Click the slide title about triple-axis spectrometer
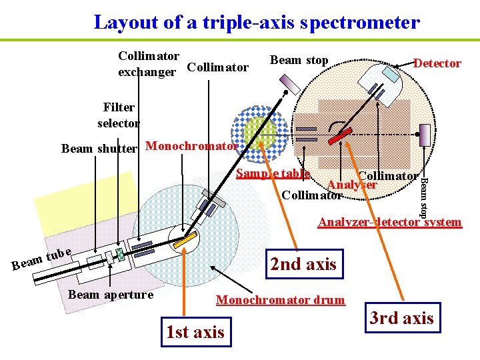coord(257,22)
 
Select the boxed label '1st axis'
coord(195,332)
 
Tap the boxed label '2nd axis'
coord(303,264)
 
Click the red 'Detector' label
coord(437,63)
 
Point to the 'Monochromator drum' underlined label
coord(281,300)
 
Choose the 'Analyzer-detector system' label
coord(389,222)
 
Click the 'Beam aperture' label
coord(111,295)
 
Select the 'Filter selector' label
coord(119,115)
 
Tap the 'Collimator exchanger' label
coord(148,63)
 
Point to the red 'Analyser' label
coord(351,185)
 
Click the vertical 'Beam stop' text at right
coord(423,197)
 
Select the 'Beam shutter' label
coord(99,148)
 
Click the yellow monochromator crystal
coord(189,237)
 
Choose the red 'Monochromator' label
coord(191,146)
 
